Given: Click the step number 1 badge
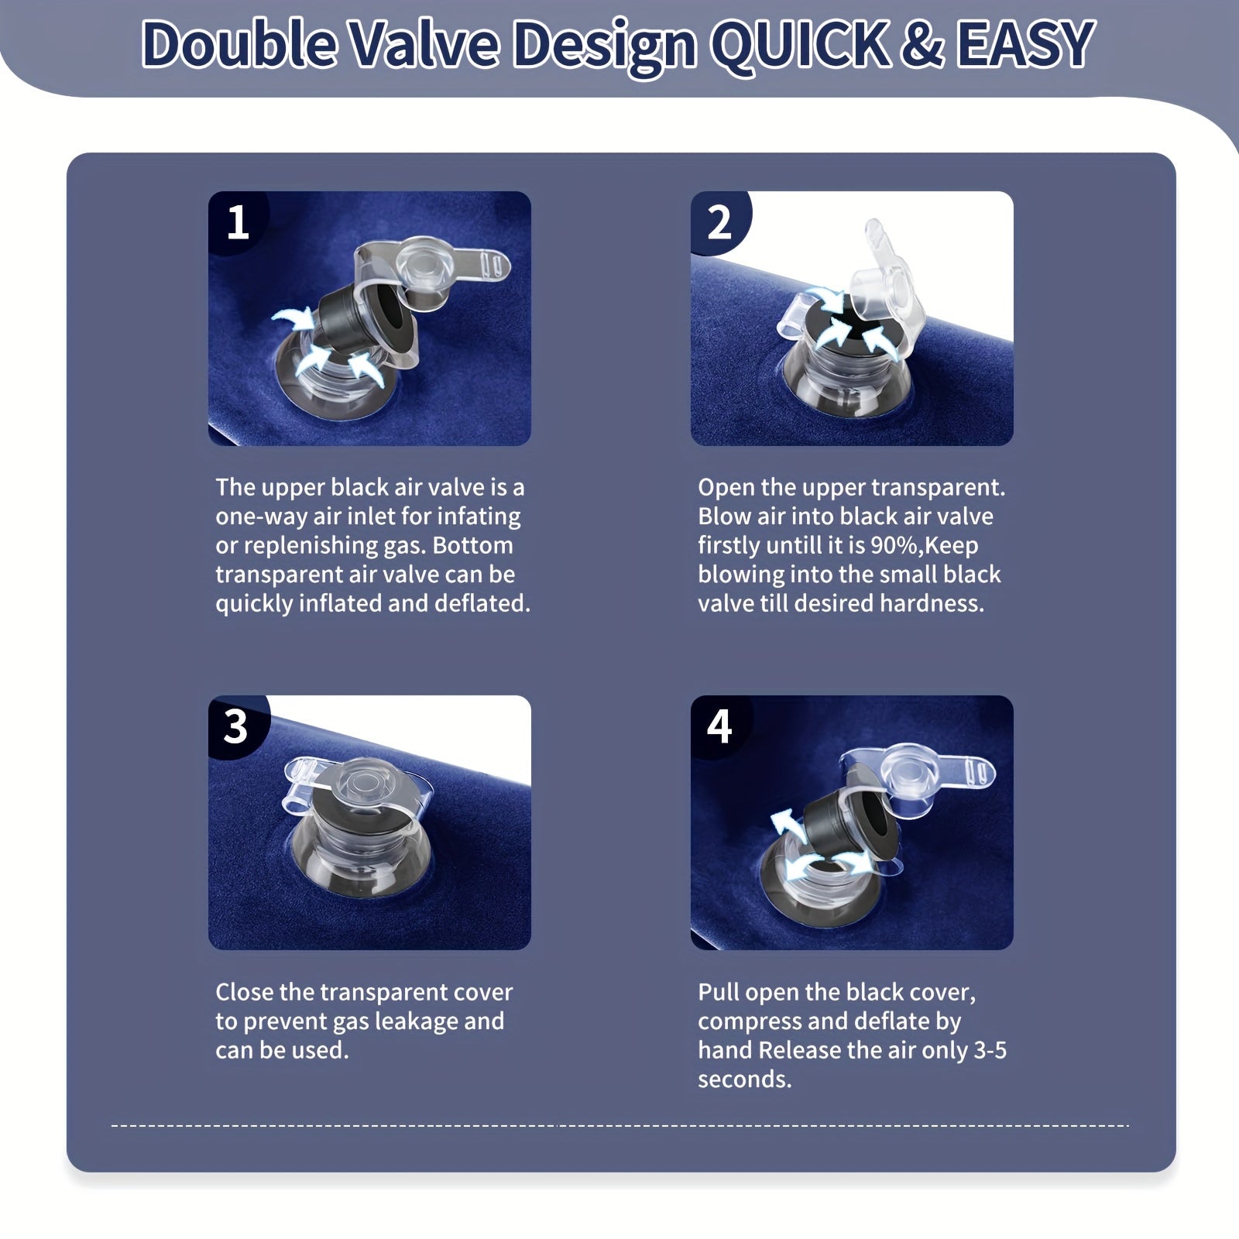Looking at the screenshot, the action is [x=238, y=221].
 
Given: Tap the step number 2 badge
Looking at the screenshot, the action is [x=719, y=221].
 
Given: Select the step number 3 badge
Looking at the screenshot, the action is [x=236, y=726].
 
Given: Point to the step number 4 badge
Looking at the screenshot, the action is [x=719, y=726].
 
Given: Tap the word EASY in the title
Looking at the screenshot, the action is [x=1026, y=45].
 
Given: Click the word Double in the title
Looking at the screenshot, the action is [x=240, y=45].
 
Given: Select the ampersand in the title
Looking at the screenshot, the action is [x=922, y=45].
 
